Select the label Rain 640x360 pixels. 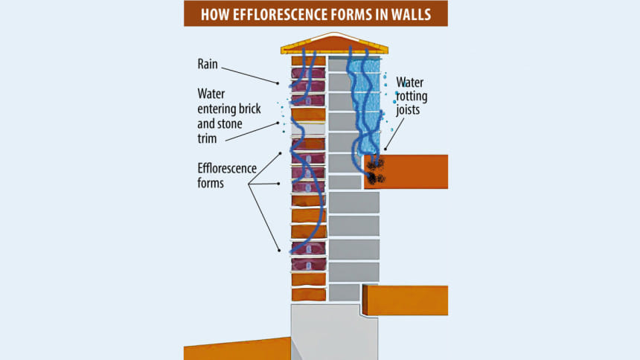209,63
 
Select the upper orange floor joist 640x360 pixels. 413,171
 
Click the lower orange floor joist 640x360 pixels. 408,300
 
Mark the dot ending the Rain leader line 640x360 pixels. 281,83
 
